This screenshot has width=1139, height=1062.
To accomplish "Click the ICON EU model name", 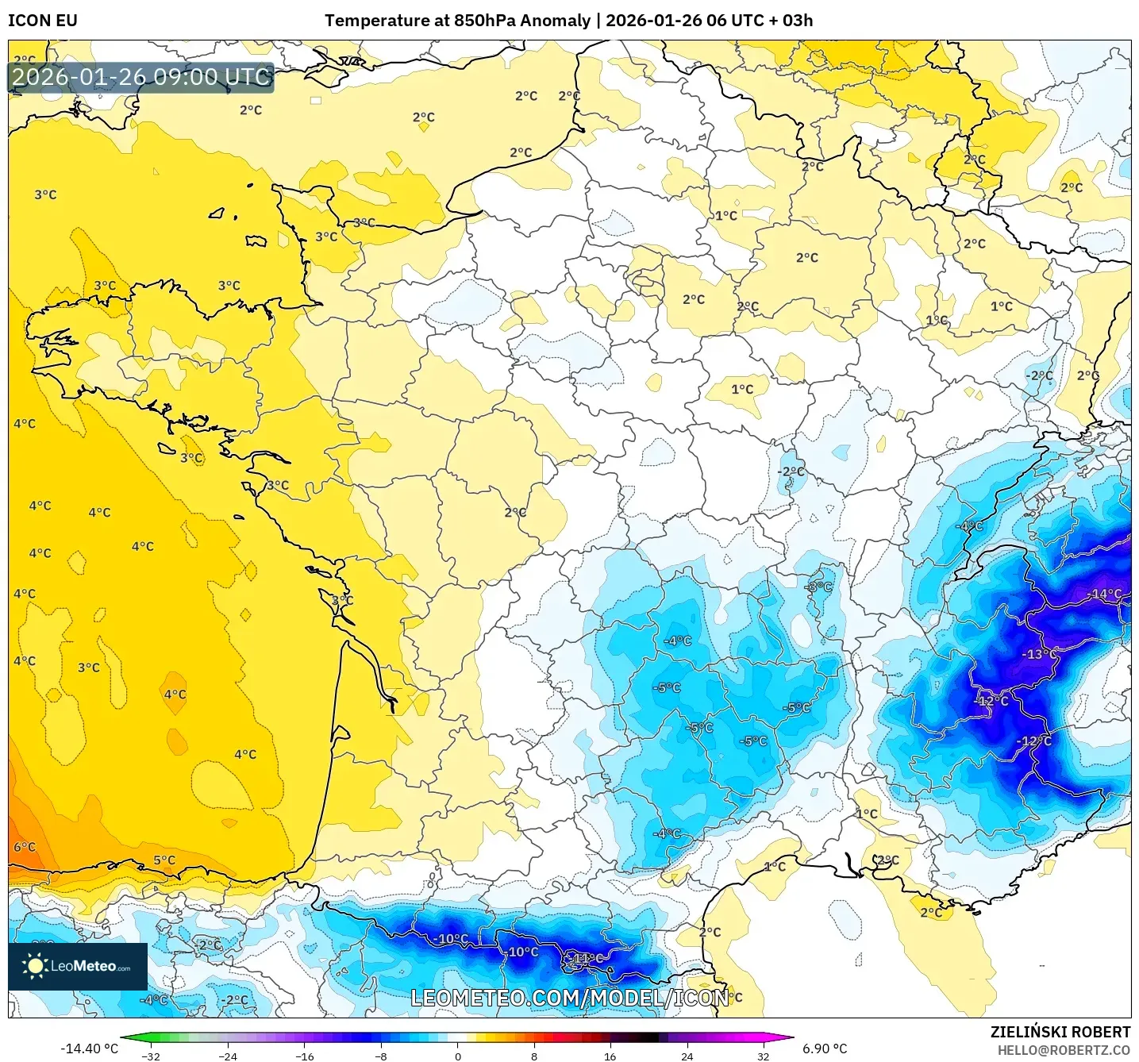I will point(43,21).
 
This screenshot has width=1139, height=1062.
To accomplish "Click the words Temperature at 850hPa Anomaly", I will point(457,21).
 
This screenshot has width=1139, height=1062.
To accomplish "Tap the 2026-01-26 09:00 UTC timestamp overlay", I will point(141,78).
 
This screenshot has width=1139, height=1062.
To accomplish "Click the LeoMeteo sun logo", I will point(35,966).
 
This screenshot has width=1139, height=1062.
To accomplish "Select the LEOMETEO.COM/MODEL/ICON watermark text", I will point(569,998).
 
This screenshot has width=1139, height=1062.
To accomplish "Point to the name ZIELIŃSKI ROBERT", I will point(1060,1032).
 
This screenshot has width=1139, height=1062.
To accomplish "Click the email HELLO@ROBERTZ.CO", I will point(1064,1050).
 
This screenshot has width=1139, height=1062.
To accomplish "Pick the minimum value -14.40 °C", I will point(89,1049).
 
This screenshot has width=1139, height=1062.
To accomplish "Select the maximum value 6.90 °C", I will point(825,1049).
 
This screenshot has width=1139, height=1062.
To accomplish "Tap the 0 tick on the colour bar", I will point(457,1056).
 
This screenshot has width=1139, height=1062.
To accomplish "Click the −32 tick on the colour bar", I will point(151,1056).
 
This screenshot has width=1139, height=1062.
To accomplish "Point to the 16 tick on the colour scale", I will point(610,1056).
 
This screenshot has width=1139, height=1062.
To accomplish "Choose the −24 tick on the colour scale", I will point(228,1056).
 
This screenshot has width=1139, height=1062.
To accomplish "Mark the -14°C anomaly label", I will point(1106,594).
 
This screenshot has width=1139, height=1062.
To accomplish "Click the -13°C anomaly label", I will point(1040,654).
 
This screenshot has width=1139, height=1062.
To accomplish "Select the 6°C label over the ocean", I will point(25,847).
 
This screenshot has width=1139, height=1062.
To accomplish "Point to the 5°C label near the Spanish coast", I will point(164,860).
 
